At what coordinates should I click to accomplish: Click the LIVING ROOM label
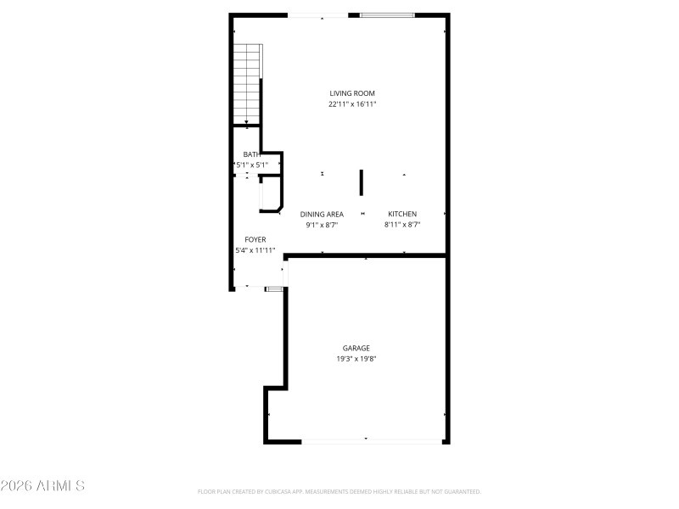[352, 93]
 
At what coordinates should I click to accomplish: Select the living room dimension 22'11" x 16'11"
[352, 104]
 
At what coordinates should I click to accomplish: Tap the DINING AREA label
[322, 214]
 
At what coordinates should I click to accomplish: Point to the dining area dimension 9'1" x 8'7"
[322, 225]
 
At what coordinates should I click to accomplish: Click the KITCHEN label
[402, 214]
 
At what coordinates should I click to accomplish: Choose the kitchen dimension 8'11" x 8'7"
[402, 225]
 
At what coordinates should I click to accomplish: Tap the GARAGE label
[356, 348]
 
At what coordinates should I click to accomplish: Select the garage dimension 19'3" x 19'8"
[356, 359]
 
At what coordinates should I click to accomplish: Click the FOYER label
[255, 239]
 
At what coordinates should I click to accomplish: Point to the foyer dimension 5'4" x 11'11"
[255, 250]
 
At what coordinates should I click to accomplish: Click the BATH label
[251, 154]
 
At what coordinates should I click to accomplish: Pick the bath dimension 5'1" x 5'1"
[251, 165]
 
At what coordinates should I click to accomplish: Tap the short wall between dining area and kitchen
[361, 182]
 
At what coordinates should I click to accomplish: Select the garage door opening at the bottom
[372, 440]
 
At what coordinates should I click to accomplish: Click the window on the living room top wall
[387, 14]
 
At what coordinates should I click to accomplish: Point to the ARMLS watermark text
[42, 486]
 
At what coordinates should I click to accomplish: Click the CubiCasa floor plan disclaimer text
[339, 491]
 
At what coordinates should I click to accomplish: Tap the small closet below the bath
[270, 193]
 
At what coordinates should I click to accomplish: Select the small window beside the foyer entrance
[273, 289]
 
